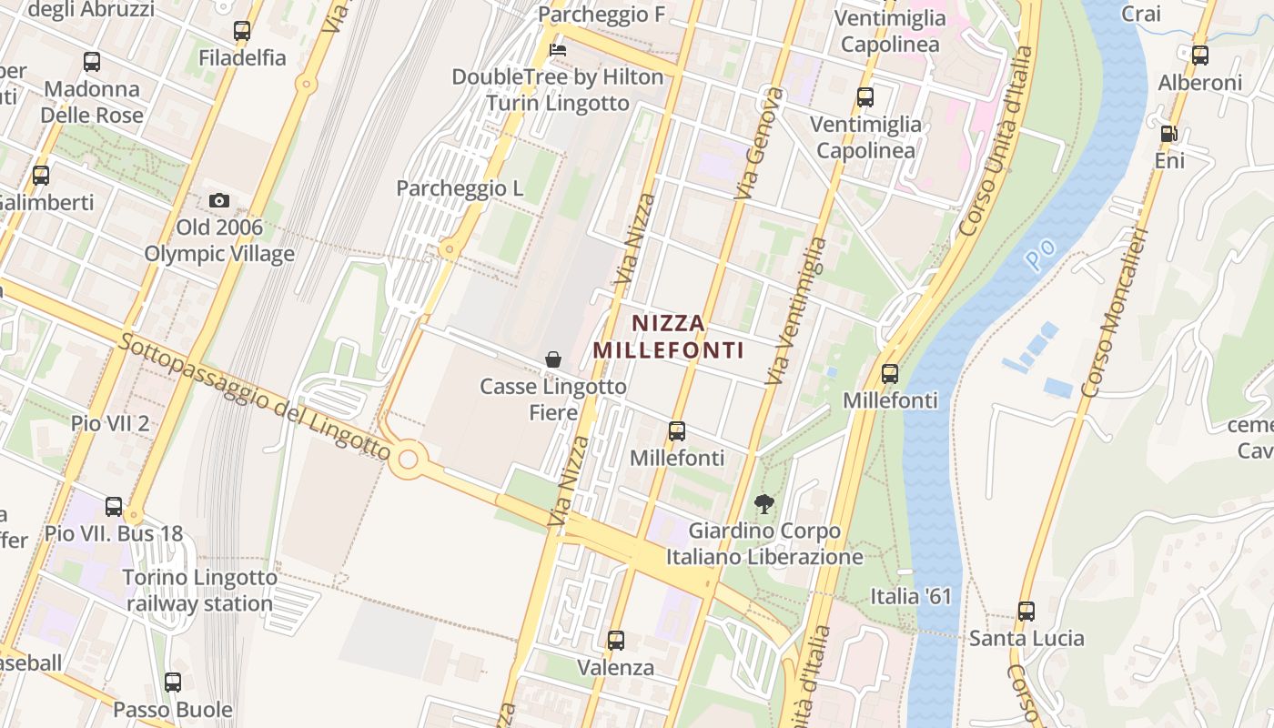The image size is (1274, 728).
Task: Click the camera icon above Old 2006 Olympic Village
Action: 218,200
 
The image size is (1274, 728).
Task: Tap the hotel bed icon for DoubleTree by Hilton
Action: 558,48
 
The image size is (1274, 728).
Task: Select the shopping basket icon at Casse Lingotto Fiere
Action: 552,359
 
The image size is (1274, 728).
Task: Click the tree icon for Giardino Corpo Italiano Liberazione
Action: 764,503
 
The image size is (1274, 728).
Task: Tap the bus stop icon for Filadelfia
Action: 242,31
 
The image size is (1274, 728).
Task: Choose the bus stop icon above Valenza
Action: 616,641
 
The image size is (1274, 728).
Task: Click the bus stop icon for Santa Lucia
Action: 1026,612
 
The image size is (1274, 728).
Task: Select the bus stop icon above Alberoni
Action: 1200,56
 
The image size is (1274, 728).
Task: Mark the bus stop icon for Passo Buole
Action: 173,682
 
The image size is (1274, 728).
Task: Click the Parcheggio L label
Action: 460,188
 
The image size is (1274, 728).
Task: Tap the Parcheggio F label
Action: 602,15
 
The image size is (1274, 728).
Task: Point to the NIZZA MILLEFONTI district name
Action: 669,337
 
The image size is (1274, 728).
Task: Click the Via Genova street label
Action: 760,143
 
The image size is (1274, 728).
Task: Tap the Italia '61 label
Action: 910,596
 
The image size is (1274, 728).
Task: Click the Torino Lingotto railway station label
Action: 199,591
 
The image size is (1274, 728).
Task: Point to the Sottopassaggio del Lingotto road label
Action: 255,397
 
